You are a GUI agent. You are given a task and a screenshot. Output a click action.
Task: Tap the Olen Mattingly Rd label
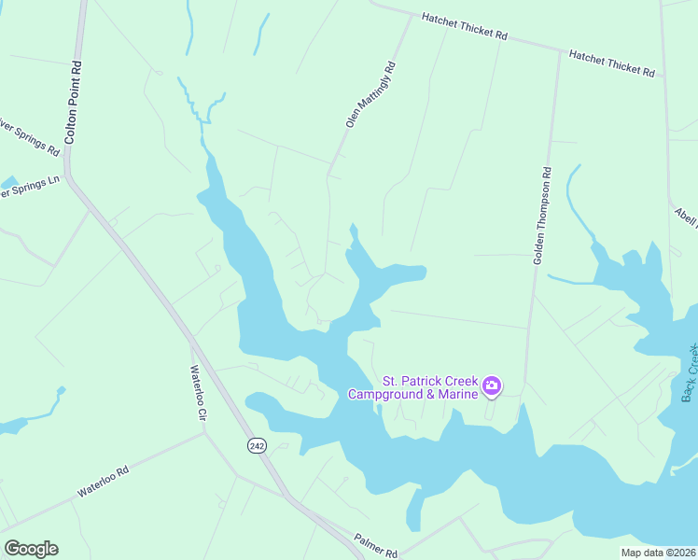pos(370,94)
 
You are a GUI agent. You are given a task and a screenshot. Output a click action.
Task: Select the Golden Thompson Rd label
pos(543,216)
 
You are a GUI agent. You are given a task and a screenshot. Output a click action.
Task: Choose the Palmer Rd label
pos(375,545)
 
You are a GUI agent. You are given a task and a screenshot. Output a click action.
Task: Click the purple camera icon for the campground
pos(492,385)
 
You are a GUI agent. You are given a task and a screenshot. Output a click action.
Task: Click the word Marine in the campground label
pos(454,394)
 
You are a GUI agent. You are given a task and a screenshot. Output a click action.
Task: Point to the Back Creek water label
pos(690,373)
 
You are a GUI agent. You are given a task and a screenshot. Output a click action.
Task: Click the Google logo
pos(31,549)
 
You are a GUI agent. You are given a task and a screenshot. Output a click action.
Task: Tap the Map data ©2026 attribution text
pos(657,553)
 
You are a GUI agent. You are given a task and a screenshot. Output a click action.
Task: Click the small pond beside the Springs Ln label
pos(9,182)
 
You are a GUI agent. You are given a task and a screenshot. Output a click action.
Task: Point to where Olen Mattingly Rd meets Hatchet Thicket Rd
pos(412,15)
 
